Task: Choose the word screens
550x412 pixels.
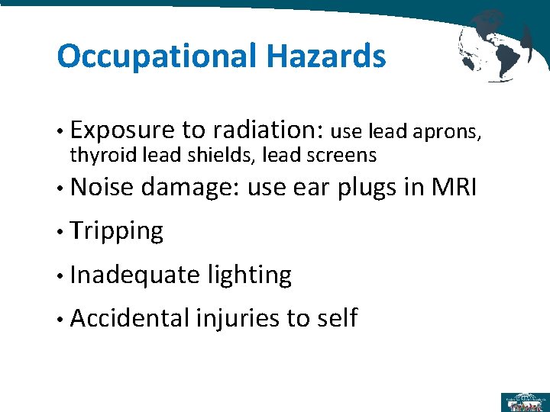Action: click(339, 156)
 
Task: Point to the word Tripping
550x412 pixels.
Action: click(116, 230)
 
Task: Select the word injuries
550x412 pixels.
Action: click(238, 318)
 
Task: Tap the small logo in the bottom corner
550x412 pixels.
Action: click(524, 401)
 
